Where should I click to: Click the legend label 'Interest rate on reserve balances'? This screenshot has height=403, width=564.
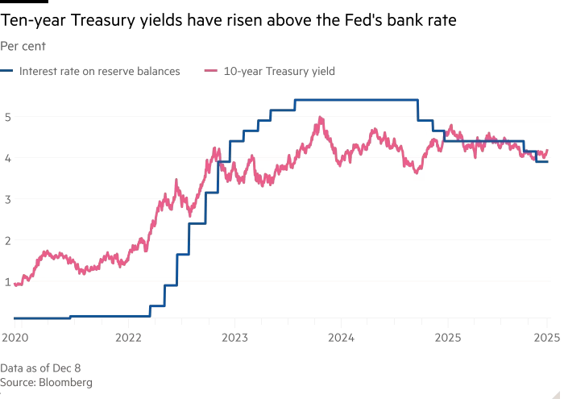(x=99, y=71)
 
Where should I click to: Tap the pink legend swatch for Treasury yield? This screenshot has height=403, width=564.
(x=211, y=71)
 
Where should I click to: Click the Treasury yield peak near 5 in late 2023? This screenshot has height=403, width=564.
(x=321, y=118)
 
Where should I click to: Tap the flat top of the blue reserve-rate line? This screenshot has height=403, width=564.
(x=355, y=100)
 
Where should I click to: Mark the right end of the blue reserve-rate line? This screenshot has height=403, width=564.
(x=549, y=162)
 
